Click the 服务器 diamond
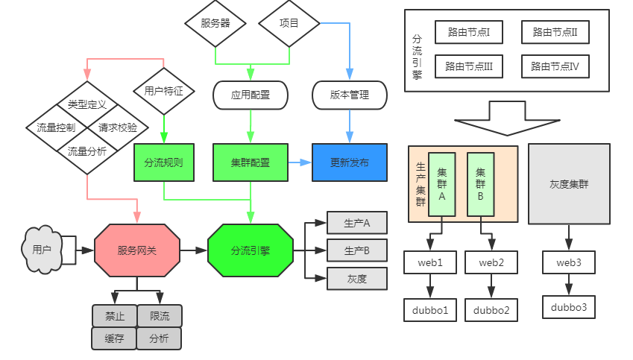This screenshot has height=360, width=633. (x=215, y=23)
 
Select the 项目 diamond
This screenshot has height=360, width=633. (x=289, y=23)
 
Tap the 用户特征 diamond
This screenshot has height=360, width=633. (x=163, y=92)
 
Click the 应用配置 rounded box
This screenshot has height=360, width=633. (x=250, y=95)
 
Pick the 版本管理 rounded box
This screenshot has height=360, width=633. (x=350, y=95)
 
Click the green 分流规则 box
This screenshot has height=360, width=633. (x=163, y=162)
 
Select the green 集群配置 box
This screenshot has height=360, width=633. (x=250, y=162)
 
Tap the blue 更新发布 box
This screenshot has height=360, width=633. (x=350, y=162)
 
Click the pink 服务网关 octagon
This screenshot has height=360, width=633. (x=137, y=250)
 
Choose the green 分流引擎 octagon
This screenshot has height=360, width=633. (x=250, y=250)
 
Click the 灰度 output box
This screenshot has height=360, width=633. (x=357, y=279)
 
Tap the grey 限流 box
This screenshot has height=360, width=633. (x=160, y=316)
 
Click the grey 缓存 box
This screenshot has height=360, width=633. (x=114, y=338)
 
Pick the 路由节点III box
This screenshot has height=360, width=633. (x=469, y=66)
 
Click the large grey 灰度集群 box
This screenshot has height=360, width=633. (x=568, y=184)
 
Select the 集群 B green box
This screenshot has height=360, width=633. (x=480, y=184)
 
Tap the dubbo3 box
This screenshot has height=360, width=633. (x=569, y=307)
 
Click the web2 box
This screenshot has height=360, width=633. (x=491, y=262)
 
